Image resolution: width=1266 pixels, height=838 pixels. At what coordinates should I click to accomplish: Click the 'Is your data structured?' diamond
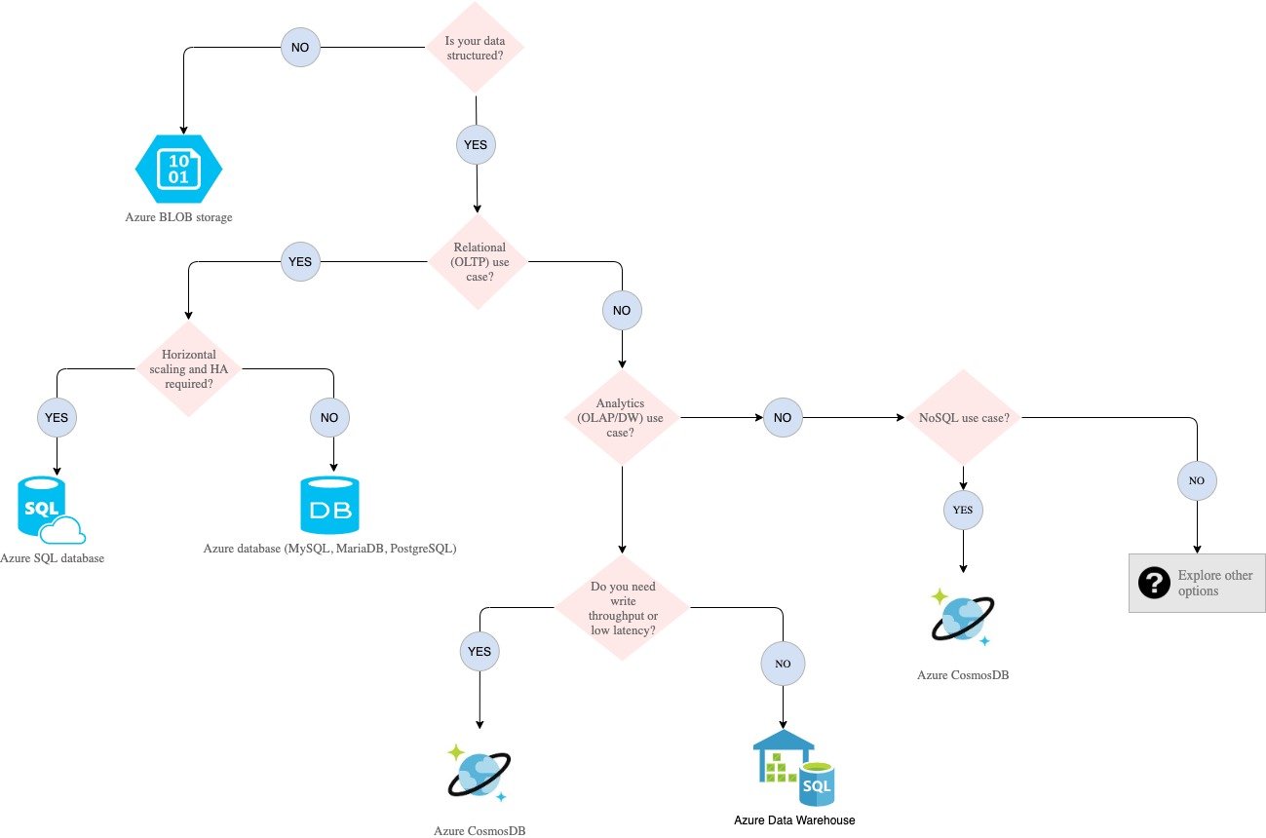(477, 49)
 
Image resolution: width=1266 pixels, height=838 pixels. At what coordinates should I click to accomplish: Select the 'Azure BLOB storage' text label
(179, 217)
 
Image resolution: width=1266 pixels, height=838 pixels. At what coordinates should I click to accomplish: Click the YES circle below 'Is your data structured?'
(477, 145)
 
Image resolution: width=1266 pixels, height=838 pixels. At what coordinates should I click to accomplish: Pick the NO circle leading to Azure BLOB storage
(300, 48)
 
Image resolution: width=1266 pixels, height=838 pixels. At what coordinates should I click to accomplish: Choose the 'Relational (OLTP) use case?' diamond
(478, 262)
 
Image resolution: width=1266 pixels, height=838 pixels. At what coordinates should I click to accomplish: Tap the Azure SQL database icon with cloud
(50, 510)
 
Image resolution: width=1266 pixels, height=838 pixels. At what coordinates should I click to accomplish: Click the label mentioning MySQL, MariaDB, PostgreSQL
(329, 549)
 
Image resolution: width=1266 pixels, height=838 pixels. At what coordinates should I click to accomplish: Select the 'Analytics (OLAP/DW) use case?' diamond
(622, 418)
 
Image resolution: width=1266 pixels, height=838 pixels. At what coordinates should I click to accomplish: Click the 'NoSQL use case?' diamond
(963, 418)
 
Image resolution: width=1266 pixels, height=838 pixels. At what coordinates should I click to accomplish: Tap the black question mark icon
(1154, 583)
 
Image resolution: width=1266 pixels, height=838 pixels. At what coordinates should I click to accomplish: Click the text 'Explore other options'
(1214, 583)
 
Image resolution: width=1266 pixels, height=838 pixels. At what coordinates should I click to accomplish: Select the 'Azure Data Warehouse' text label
(794, 819)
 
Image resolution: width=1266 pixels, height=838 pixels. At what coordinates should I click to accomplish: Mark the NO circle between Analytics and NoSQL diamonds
(782, 418)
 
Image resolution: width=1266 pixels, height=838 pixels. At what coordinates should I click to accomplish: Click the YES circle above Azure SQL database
(58, 418)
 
